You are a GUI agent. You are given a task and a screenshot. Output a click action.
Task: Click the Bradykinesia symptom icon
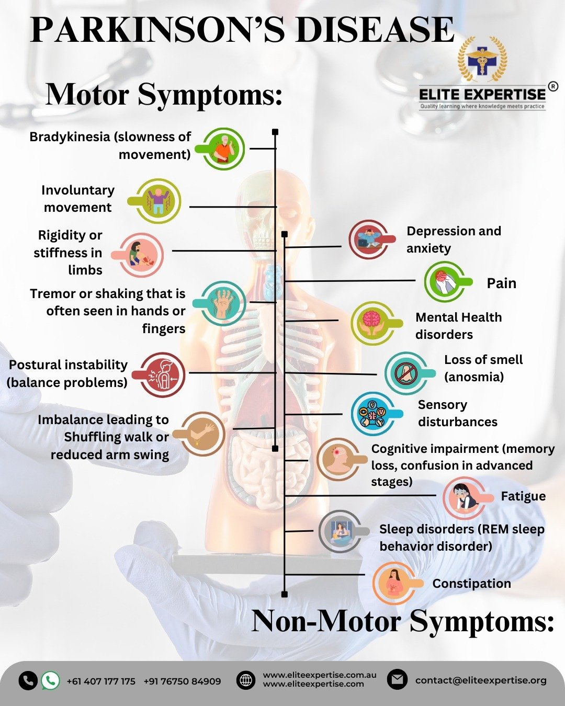point(223,149)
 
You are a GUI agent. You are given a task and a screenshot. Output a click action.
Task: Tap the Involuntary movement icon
point(159,201)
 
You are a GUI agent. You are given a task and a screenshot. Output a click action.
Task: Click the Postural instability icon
point(163,375)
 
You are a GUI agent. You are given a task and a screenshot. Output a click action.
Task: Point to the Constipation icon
point(394,583)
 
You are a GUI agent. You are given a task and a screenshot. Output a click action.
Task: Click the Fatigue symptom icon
point(464,497)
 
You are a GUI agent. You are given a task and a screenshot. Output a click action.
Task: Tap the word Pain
point(501,283)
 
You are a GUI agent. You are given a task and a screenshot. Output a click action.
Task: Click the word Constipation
point(471,584)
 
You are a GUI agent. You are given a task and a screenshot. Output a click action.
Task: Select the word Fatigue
point(523,496)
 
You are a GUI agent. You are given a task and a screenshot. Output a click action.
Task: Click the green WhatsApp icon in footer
point(50,680)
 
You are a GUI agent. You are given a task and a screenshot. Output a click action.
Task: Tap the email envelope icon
point(397,680)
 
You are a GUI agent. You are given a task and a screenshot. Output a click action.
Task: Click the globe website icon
point(246,680)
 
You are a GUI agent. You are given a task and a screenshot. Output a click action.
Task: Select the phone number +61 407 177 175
point(101,681)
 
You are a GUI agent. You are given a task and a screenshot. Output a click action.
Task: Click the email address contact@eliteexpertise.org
point(481,680)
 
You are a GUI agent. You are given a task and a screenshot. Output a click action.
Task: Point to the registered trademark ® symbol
point(553,86)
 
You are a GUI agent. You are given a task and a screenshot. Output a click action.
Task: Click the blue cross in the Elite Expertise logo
point(482,61)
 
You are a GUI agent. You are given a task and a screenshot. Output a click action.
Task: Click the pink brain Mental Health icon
point(372,323)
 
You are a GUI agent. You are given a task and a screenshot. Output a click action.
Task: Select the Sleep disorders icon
point(341,531)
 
